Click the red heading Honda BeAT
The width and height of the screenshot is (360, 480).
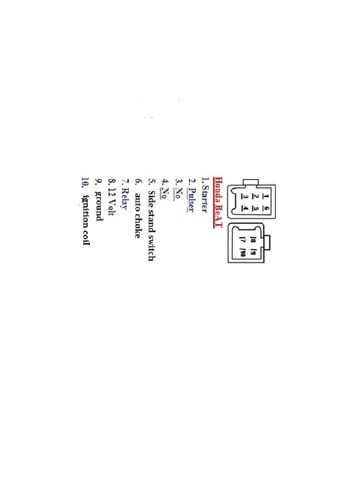click(218, 202)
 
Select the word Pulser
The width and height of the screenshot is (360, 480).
click(192, 199)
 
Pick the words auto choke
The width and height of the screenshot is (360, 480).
click(138, 215)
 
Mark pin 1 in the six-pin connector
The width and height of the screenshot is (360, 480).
click(266, 195)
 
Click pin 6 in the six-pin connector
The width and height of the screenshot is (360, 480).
click(266, 209)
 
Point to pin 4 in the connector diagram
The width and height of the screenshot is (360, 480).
click(245, 209)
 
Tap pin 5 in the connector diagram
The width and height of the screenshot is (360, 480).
click(255, 209)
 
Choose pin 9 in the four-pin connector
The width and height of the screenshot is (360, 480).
click(253, 254)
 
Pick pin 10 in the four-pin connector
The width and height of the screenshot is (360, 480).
click(243, 254)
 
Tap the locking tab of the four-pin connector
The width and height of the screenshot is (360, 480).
click(267, 243)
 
